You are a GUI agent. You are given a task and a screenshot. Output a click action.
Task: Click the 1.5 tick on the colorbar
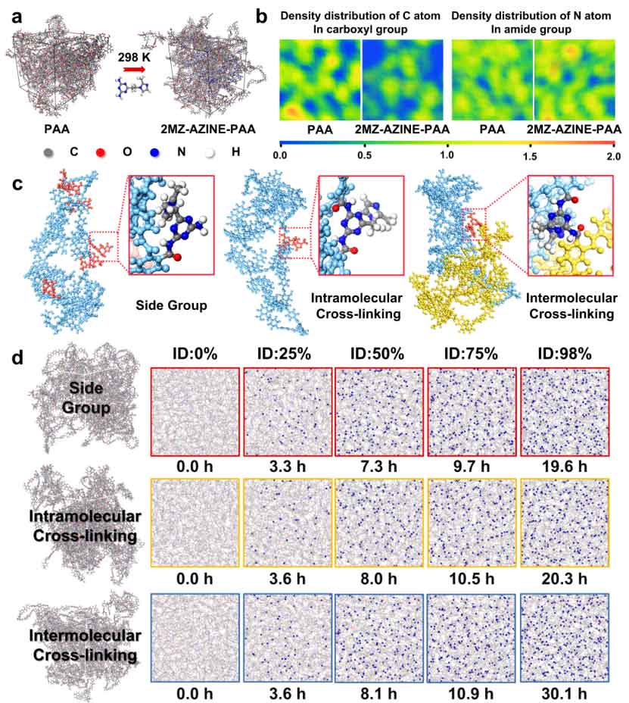(x=531, y=157)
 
